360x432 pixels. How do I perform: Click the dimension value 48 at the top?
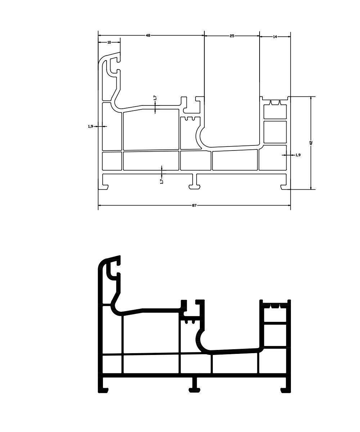(x=148, y=35)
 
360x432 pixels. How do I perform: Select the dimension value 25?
(x=232, y=36)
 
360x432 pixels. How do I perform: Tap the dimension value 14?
(x=275, y=37)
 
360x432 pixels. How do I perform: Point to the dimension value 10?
(x=109, y=42)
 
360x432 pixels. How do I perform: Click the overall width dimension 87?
(x=194, y=206)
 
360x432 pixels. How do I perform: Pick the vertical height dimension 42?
(x=311, y=143)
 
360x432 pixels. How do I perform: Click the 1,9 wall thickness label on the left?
(x=90, y=126)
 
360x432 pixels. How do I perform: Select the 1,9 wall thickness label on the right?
(x=298, y=155)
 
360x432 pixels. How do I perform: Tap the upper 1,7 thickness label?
(x=155, y=98)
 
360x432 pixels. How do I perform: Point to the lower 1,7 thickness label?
(x=162, y=181)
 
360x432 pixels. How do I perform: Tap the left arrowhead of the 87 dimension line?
(x=100, y=206)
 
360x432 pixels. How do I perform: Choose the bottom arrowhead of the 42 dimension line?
(x=311, y=188)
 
